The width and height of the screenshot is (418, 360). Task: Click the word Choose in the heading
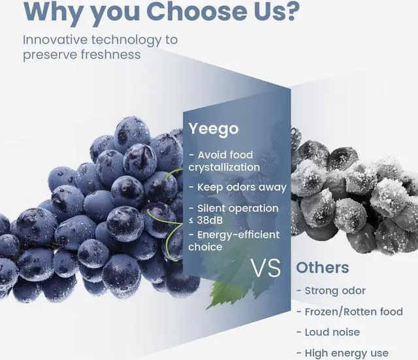coord(197,11)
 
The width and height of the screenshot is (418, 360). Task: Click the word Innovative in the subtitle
coord(55,40)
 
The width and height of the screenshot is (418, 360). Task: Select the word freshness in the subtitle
coord(110,54)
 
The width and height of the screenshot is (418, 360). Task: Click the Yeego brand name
coord(214,129)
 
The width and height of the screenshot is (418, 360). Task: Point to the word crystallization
coord(224,167)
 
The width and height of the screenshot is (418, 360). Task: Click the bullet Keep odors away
coord(238,188)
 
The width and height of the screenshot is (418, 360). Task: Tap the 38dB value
coord(210,220)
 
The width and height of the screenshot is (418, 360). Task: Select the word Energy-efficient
coord(238,235)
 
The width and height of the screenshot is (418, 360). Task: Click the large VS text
coord(266,268)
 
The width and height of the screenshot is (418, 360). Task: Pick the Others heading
coord(322,267)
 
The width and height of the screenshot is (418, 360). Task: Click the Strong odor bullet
coord(331,291)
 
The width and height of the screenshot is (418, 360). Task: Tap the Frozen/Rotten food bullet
coord(350,312)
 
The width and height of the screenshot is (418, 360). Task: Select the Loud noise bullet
coord(328,333)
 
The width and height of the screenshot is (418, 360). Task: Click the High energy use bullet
coord(342,353)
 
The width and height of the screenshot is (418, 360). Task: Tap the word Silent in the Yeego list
coord(210,208)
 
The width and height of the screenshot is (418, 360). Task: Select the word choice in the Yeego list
coord(205,247)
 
